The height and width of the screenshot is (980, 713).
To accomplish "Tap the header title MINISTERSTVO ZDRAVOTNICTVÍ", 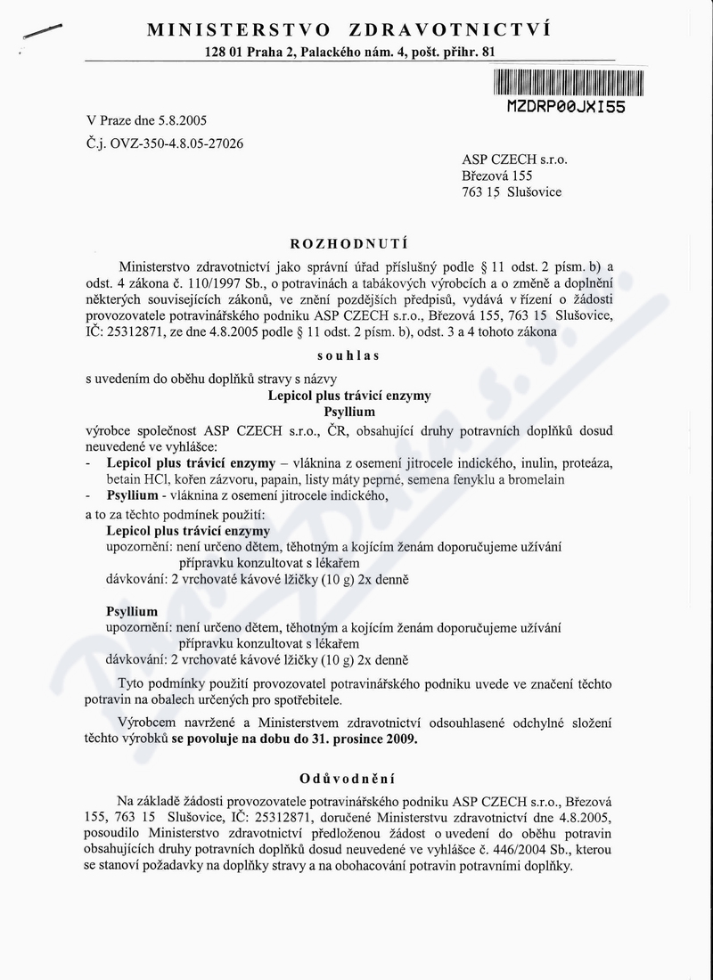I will click(x=348, y=29).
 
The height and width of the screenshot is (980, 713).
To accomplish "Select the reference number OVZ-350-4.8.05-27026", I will click(x=175, y=142).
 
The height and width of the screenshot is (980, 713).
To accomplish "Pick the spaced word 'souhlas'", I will click(x=348, y=355).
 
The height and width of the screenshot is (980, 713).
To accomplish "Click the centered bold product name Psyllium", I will click(x=348, y=412).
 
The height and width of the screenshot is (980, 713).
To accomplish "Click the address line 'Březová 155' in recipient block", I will click(x=497, y=176).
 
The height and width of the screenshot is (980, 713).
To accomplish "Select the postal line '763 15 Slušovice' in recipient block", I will click(x=512, y=192).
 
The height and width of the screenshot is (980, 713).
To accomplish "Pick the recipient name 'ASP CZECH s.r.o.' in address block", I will click(x=514, y=159).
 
